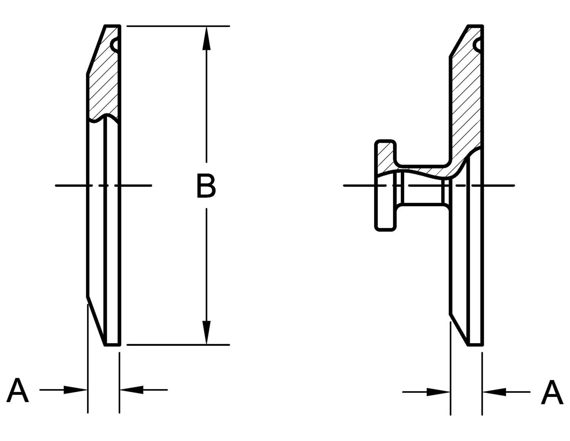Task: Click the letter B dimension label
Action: pos(206,186)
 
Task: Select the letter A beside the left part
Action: pos(18,390)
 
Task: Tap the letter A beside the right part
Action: pos(551,393)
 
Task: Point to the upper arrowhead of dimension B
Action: pos(206,38)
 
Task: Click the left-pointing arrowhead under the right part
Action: pos(494,392)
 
